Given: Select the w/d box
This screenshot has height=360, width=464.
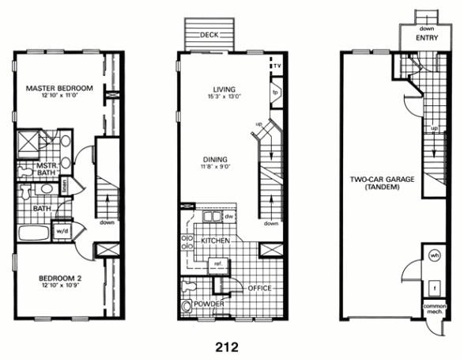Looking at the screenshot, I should [x=62, y=231].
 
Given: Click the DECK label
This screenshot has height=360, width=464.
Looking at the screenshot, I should [x=208, y=35].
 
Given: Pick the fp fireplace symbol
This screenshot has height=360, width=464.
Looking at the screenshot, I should [x=275, y=92].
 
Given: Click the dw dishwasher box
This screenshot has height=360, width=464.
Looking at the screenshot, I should [x=228, y=216].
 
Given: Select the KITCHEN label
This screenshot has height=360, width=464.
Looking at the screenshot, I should [x=215, y=240].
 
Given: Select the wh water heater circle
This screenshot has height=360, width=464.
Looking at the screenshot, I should [x=434, y=256].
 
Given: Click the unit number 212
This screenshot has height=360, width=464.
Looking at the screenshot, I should [x=231, y=346].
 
